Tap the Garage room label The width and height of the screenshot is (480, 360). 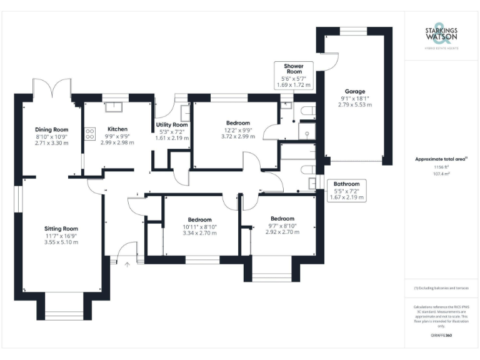(356, 91)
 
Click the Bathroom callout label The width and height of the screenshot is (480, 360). (346, 184)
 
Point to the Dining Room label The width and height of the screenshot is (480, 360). (51, 129)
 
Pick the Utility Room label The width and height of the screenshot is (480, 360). (172, 124)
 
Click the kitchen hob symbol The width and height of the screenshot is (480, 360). (89, 133)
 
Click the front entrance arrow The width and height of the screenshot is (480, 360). (127, 265)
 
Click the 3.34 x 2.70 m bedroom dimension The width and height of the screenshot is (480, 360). (199, 233)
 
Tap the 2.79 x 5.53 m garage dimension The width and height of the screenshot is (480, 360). (356, 105)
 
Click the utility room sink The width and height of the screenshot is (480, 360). (185, 112)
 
